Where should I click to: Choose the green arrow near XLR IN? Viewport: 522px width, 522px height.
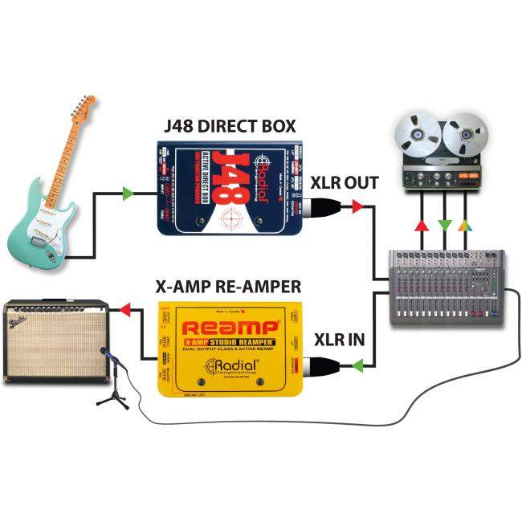tap(357, 365)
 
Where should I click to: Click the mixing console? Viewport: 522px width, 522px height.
tap(446, 286)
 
